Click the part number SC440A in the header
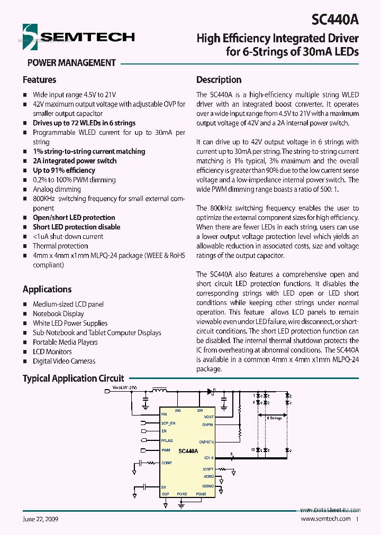click(335, 20)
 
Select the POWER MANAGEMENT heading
click(71, 63)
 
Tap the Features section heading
click(39, 80)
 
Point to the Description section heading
click(219, 80)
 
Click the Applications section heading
click(47, 289)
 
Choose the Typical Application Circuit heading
click(73, 379)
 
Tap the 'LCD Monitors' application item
click(52, 352)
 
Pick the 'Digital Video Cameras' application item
click(64, 361)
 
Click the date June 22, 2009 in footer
click(40, 519)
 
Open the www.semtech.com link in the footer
click(325, 519)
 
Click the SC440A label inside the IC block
click(188, 451)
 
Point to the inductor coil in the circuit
click(159, 391)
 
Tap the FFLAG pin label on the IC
click(167, 440)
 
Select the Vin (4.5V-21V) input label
click(125, 388)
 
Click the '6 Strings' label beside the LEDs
click(274, 418)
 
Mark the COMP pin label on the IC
click(167, 463)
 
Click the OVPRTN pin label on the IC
click(206, 442)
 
